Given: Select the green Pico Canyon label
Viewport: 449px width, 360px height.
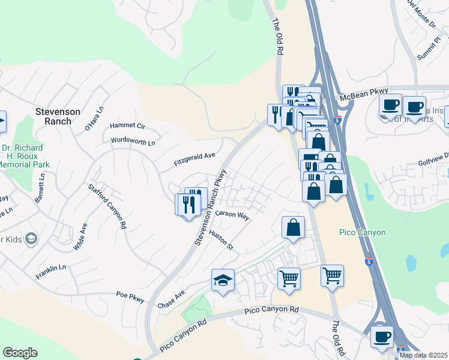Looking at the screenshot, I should point(362,232).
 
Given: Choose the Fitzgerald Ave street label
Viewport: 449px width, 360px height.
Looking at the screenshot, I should point(194,155).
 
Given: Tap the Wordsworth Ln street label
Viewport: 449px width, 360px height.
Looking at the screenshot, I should point(133,142).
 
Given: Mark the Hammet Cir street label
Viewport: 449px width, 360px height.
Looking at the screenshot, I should point(127,127).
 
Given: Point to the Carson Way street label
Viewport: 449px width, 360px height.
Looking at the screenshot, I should point(232,215).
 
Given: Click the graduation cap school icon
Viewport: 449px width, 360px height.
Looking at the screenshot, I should point(223,280).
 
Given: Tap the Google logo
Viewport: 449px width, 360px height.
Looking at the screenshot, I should point(20,353).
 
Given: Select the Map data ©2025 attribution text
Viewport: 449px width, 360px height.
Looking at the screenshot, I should point(424,355).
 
